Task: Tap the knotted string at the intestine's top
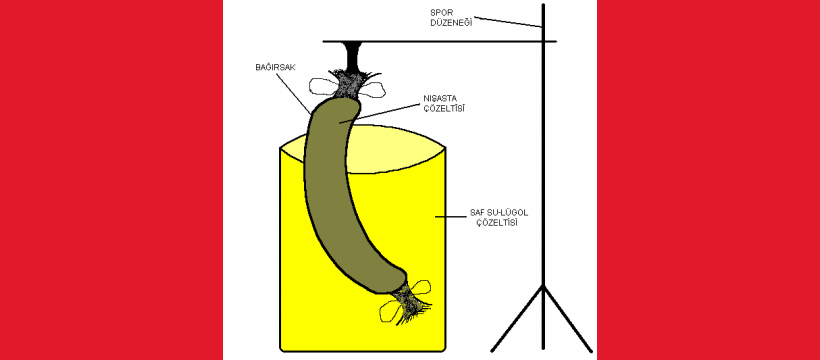(347, 84)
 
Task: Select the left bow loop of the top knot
(324, 86)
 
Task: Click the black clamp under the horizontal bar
(351, 55)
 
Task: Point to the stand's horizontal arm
(439, 41)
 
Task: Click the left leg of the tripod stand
(517, 319)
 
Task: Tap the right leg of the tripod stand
(568, 319)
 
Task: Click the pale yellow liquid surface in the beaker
(397, 152)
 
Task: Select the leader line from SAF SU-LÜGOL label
(447, 216)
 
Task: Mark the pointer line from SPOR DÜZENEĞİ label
(508, 22)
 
